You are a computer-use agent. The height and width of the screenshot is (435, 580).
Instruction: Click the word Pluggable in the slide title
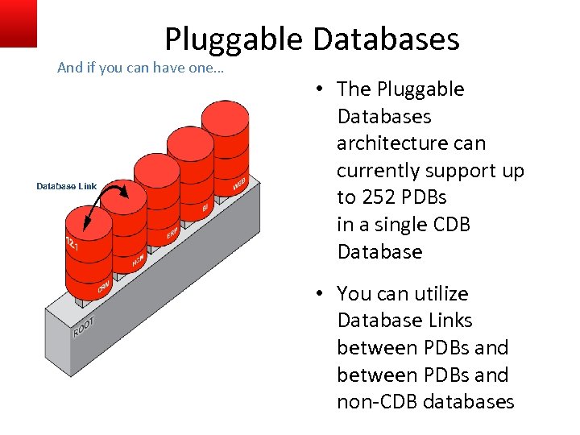coord(233,39)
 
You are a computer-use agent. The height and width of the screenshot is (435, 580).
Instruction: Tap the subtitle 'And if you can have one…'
coord(141,68)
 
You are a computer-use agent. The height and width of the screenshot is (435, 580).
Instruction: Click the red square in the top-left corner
coord(18,22)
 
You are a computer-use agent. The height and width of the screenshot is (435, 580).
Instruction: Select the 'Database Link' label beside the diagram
coord(66,186)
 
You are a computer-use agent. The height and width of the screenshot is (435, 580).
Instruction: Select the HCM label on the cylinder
coord(138,261)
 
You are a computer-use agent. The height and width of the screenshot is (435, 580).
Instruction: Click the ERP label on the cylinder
coord(172,234)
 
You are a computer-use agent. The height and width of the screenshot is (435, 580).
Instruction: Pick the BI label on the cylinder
coord(205,208)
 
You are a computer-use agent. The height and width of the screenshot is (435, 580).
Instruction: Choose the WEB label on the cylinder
coord(239,184)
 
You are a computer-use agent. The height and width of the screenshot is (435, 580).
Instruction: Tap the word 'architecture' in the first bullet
coord(411,143)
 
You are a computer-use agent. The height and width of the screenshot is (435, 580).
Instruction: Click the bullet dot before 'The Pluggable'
coord(320,89)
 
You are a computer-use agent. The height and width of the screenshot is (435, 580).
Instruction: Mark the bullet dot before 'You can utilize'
coord(320,294)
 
